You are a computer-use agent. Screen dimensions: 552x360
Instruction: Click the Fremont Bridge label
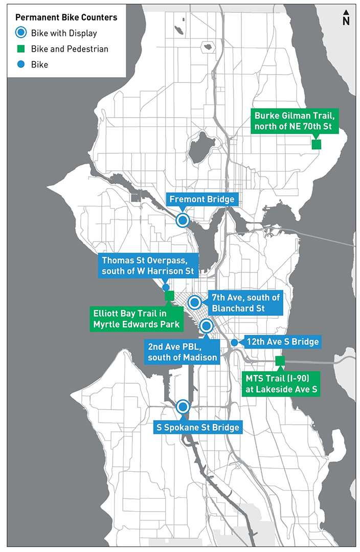(201, 199)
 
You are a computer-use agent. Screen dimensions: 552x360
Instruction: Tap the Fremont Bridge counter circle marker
(183, 220)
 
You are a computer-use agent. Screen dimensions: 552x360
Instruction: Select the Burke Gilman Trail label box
(295, 121)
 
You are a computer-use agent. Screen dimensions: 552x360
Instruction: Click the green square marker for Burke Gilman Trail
(316, 145)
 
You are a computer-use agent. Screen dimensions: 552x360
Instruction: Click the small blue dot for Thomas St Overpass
(166, 287)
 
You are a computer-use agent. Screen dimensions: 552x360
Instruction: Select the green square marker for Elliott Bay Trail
(170, 295)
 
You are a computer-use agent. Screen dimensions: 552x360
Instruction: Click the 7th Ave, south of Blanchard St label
(243, 303)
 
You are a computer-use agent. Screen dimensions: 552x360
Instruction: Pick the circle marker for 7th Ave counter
(194, 302)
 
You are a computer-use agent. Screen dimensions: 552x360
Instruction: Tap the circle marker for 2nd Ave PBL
(206, 325)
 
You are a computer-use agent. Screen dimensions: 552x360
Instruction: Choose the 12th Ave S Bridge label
(283, 341)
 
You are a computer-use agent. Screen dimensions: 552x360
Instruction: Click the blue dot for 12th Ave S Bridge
(234, 342)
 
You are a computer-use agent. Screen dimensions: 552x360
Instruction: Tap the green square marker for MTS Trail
(280, 361)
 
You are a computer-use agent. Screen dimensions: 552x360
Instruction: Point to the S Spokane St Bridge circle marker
(183, 407)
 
